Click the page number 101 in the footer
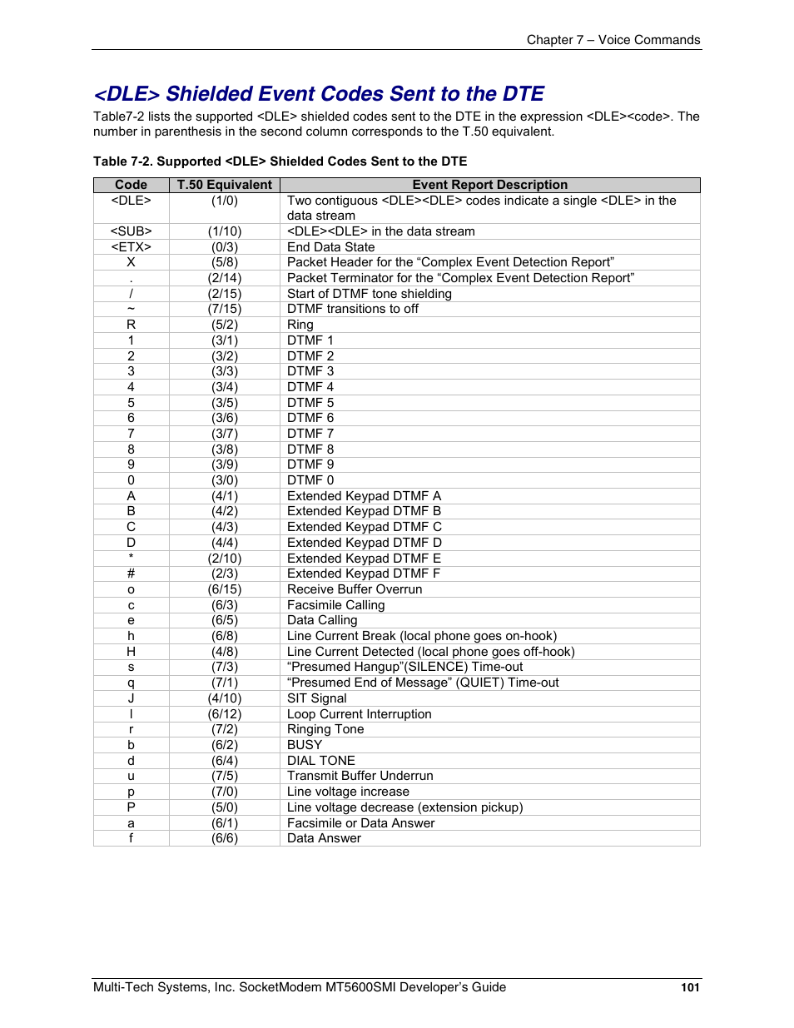pos(690,987)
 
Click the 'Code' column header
pos(131,185)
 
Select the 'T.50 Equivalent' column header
pos(224,185)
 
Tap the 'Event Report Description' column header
pos(489,185)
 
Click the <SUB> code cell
pos(131,231)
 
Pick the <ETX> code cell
pos(131,247)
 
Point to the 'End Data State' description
pos(330,247)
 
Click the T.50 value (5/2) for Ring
pos(224,325)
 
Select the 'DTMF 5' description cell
pos(310,403)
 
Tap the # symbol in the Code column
pos(131,574)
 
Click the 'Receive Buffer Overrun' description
pos(355,589)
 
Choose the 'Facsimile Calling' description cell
pos(335,605)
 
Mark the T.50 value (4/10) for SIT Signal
pos(224,698)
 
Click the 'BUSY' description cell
pos(305,745)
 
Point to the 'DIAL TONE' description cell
pos(320,761)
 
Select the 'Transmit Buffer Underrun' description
pos(360,776)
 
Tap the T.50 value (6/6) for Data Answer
pos(224,838)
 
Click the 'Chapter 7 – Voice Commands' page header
pos(613,40)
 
